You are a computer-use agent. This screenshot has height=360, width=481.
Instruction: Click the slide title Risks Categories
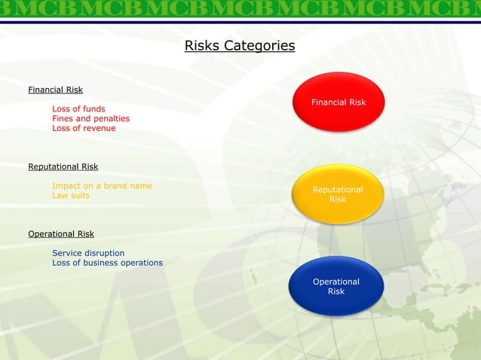240,47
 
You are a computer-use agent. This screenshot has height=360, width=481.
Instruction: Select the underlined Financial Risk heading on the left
55,90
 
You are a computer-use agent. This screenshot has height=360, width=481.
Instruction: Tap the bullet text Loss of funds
78,108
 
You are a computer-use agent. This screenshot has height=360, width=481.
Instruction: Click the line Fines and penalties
90,118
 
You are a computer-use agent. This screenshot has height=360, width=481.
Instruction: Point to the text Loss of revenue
84,128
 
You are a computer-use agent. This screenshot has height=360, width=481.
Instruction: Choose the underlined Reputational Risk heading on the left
63,166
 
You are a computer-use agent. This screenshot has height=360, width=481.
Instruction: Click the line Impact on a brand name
102,185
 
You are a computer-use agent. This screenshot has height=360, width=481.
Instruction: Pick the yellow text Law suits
70,195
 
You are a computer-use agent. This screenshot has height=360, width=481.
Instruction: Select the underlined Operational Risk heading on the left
61,234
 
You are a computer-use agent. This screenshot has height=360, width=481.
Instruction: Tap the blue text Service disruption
88,253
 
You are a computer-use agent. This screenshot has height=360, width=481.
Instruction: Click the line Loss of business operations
107,263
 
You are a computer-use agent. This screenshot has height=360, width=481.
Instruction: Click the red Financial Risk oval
339,102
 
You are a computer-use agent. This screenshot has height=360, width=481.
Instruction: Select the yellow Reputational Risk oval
338,194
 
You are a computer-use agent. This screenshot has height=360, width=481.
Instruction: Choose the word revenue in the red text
99,128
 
